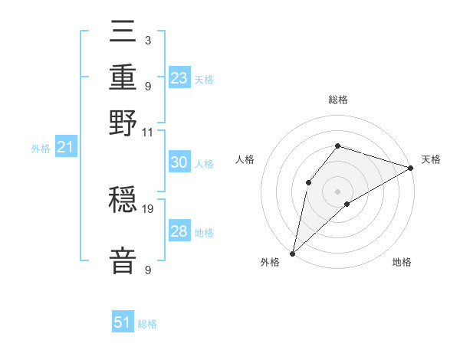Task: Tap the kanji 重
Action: click(x=123, y=79)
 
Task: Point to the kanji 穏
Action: click(x=123, y=201)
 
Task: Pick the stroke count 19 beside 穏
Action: click(x=148, y=208)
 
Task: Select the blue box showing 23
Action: click(x=179, y=78)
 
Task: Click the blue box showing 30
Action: click(x=179, y=162)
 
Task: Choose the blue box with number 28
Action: click(x=179, y=231)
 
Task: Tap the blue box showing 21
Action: click(x=64, y=147)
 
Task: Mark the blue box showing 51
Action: click(x=123, y=322)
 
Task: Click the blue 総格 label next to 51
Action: click(x=147, y=324)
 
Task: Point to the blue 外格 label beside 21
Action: click(x=40, y=149)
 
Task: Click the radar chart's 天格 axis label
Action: click(x=431, y=159)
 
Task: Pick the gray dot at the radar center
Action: click(x=337, y=191)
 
